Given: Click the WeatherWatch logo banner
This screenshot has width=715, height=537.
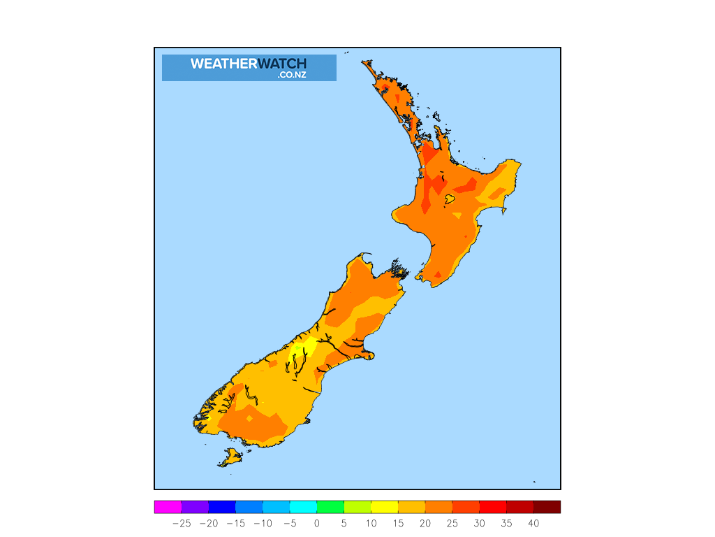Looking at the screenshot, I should point(249,67).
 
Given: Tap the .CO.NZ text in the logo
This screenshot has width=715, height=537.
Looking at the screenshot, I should point(292,75).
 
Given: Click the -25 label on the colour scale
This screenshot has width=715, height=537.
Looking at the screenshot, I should point(182,523).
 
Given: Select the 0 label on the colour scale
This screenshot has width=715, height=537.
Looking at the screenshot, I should point(316,523).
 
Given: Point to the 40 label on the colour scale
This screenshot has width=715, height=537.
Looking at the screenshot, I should point(533,523).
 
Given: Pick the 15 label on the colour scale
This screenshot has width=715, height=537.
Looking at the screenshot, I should point(398,523).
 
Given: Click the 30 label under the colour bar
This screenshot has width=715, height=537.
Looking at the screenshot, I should point(479,523).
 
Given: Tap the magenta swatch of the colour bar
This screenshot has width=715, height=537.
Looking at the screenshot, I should point(168,507).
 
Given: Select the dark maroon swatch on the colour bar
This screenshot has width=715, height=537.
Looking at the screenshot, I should point(547,507).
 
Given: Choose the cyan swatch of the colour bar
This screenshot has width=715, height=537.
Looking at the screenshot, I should point(303,507).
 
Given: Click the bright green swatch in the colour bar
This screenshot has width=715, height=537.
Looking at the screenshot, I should point(330,507).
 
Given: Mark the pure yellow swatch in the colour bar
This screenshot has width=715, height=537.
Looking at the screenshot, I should point(384,507).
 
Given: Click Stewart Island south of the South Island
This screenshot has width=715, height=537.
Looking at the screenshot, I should point(230,458).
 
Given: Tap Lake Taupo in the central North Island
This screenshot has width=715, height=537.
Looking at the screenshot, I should point(450,199).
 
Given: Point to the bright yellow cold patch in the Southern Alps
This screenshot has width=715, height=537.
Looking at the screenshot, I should point(299,350).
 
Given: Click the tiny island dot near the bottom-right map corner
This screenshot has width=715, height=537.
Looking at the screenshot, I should point(534,481).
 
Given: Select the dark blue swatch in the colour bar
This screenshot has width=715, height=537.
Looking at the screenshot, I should point(222,507).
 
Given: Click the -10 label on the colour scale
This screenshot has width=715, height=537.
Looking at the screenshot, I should point(263,523).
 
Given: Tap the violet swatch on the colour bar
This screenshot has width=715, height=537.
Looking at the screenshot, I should point(195,507).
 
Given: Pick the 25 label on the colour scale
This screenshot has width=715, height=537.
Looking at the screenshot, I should point(452,523).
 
